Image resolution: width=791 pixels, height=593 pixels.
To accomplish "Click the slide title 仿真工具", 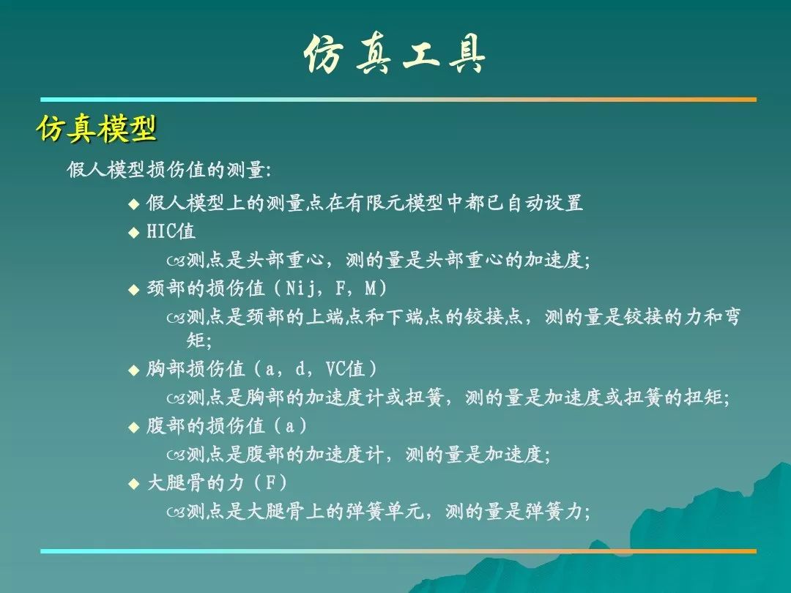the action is [395, 54].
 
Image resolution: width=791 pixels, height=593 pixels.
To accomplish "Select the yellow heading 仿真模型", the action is [97, 129].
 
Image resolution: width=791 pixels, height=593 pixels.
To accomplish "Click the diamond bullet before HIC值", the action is [134, 233].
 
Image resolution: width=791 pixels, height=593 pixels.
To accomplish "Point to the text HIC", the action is [161, 231].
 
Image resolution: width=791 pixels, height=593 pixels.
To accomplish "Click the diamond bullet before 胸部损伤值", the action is [134, 370].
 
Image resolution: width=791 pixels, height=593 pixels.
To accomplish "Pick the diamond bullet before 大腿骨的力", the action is [134, 484].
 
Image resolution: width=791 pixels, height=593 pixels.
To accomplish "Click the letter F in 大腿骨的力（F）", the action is [271, 483].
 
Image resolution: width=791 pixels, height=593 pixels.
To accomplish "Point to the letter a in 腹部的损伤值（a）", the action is [289, 427].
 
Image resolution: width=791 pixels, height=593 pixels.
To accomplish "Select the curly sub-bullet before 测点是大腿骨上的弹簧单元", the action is [176, 513].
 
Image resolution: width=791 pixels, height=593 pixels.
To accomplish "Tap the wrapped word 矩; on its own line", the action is [198, 340].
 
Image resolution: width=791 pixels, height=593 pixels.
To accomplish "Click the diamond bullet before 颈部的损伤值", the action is [134, 289].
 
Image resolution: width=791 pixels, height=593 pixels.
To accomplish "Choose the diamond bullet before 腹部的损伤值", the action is [134, 428].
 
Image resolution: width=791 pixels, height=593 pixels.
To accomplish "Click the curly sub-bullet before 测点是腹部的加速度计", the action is [176, 456].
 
